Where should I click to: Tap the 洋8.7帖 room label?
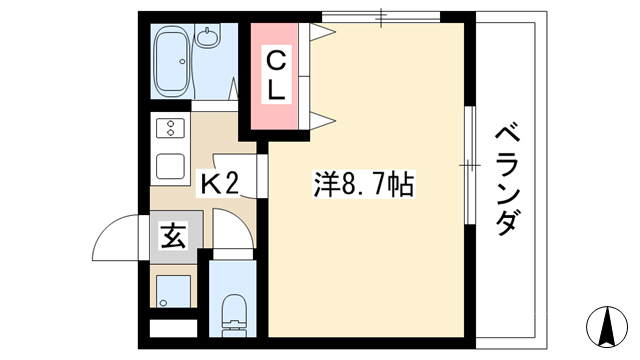click(364, 184)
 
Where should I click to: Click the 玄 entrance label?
click(173, 236)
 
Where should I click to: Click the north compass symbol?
click(607, 327)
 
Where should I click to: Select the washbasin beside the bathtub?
click(208, 35)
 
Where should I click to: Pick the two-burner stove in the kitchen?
click(170, 128)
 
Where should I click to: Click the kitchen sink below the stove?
click(170, 166)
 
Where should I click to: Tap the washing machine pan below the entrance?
click(173, 291)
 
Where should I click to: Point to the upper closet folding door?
click(322, 32)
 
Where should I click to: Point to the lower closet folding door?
click(322, 120)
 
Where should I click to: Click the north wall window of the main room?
click(381, 17)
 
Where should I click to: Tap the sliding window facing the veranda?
click(470, 165)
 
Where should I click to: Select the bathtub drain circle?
click(182, 62)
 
